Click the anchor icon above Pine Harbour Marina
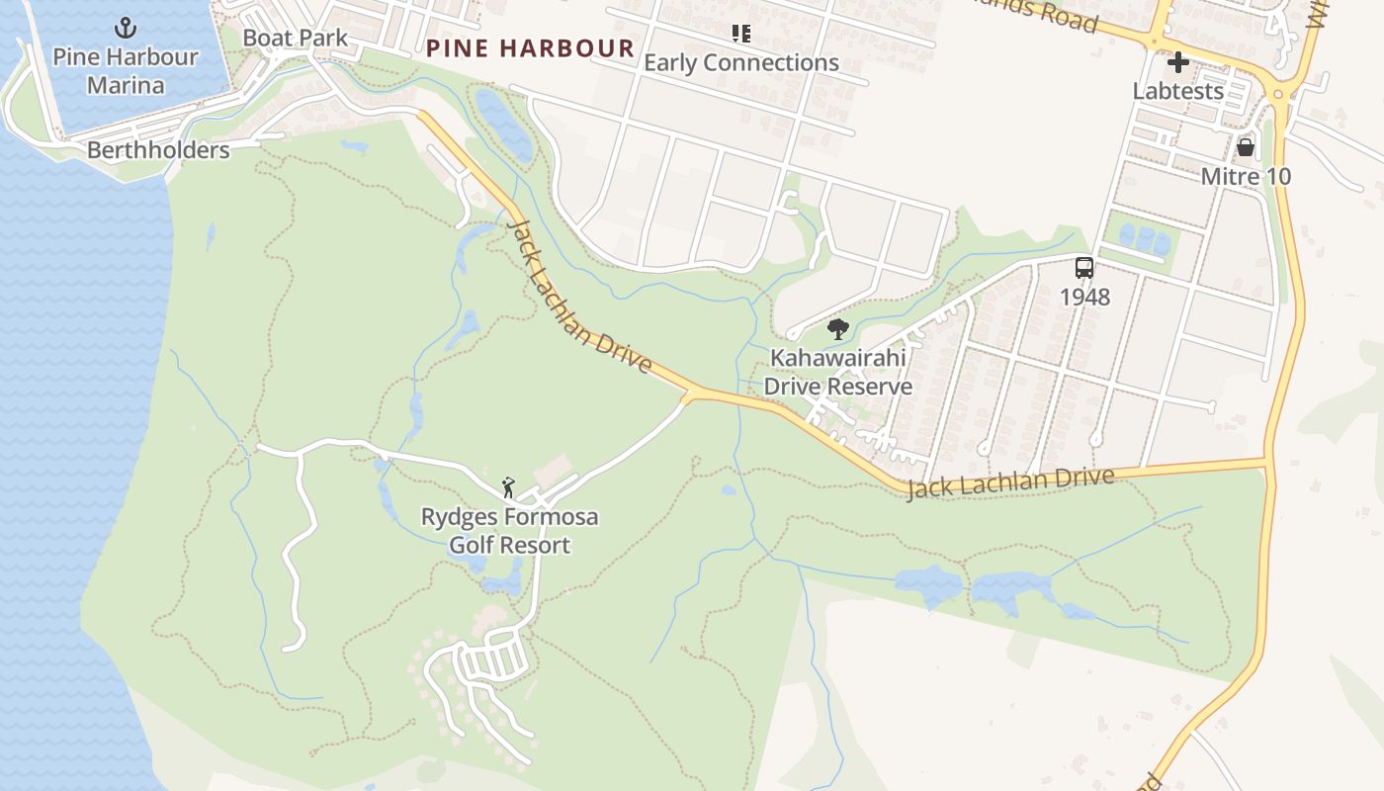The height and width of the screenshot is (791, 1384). (126, 27)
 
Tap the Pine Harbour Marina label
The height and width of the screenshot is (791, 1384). (126, 70)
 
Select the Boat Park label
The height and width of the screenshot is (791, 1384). (295, 39)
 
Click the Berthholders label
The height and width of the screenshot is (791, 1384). (158, 150)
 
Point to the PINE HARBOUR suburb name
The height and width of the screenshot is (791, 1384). (530, 48)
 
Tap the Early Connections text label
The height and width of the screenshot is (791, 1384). (741, 63)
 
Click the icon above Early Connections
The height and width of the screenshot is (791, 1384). (741, 34)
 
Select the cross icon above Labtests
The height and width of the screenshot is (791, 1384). (1177, 63)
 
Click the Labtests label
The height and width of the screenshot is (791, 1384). (1177, 91)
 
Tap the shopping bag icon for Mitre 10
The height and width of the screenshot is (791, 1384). (1245, 148)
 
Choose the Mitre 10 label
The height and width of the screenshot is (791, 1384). (1246, 177)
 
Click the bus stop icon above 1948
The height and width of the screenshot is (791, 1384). (1084, 268)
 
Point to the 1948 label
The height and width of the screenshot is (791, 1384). (1084, 297)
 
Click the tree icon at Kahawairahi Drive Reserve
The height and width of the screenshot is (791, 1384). (837, 329)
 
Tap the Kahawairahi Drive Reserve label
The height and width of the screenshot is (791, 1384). (837, 372)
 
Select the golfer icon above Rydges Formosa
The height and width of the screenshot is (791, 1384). (509, 487)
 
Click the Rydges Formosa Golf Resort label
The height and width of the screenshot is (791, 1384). (509, 531)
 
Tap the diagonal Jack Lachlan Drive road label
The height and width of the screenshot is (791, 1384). (579, 296)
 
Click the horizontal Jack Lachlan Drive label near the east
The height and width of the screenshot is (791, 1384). (1010, 483)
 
